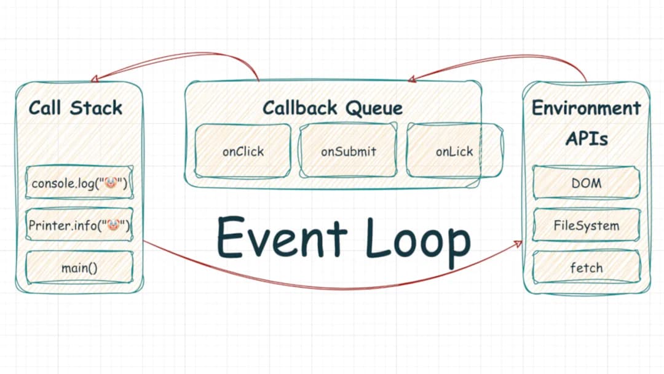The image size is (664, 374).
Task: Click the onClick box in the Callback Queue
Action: [243, 151]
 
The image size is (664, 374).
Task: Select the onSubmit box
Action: [348, 151]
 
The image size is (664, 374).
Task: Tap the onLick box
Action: [454, 151]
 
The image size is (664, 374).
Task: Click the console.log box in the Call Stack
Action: [79, 183]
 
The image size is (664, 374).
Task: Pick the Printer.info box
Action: [79, 225]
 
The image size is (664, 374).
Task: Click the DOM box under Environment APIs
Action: [586, 183]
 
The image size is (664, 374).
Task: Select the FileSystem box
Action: [586, 225]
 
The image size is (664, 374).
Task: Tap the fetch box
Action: [586, 268]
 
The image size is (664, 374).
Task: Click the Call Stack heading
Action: [76, 108]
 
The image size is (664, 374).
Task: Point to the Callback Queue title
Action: [333, 108]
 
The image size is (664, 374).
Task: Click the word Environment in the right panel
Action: [586, 108]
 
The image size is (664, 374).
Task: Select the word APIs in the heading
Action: [586, 138]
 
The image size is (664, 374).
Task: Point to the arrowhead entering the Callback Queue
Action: [412, 79]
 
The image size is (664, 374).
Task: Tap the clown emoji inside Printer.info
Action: [113, 225]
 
